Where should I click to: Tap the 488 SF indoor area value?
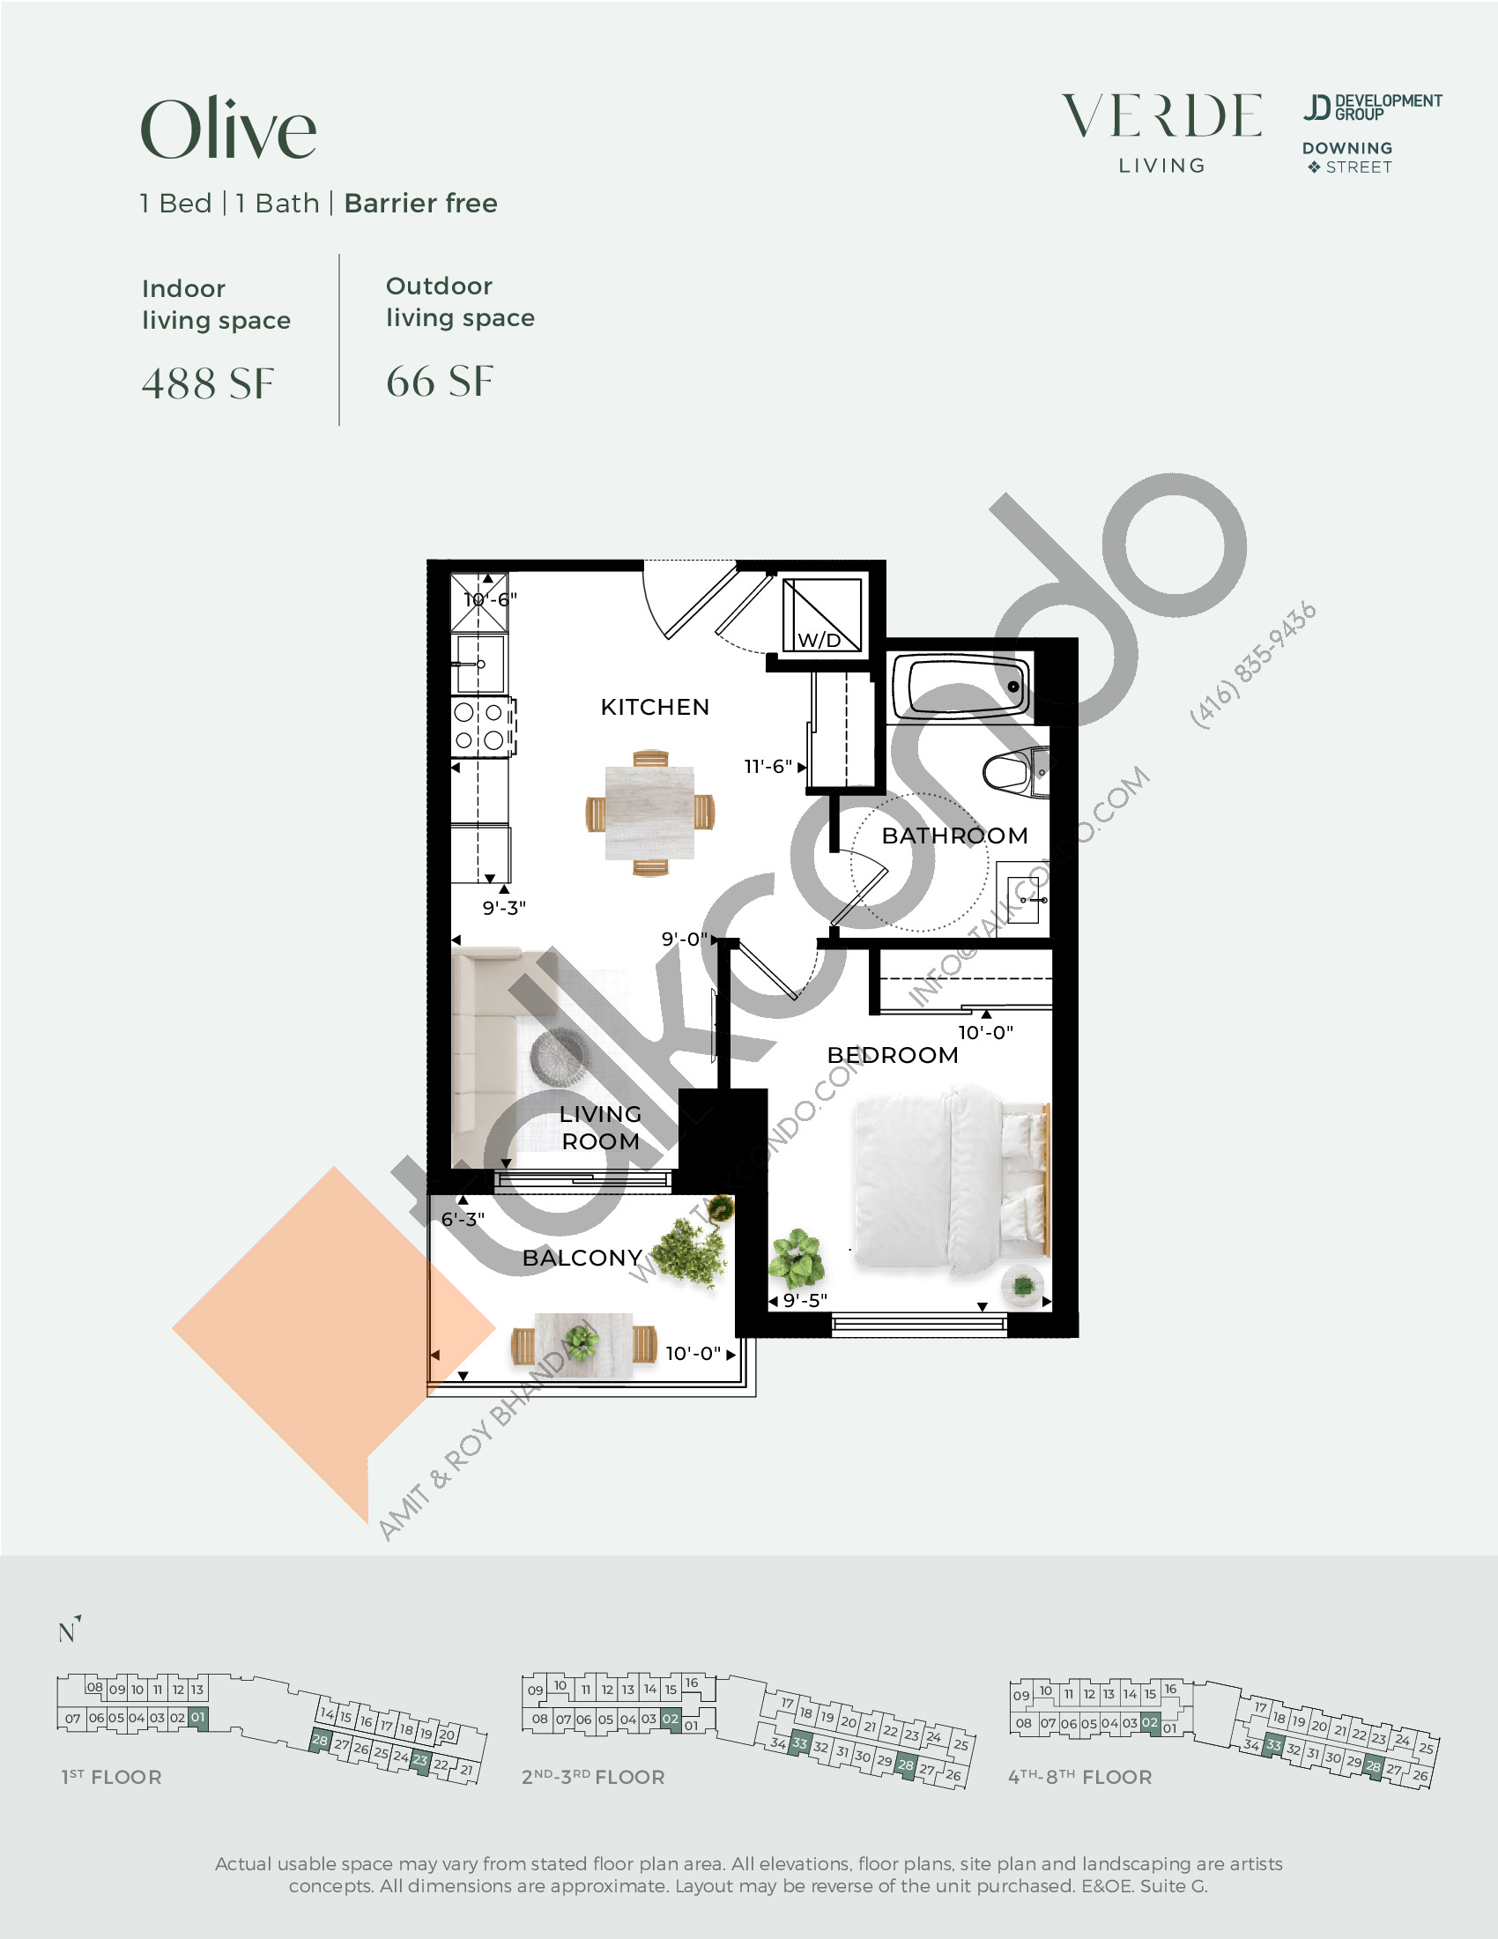[x=208, y=383]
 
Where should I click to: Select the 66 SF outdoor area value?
[x=440, y=382]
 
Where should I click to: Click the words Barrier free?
[x=420, y=204]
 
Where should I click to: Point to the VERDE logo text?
[x=1161, y=116]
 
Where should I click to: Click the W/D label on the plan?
[x=819, y=640]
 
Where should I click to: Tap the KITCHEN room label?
[x=655, y=707]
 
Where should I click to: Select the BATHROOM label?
[x=955, y=836]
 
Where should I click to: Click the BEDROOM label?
[x=893, y=1055]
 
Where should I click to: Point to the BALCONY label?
[x=582, y=1257]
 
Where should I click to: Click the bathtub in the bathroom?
[x=961, y=687]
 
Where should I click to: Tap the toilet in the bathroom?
[x=1015, y=771]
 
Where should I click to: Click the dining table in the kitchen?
[x=649, y=813]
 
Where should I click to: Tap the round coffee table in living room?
[x=558, y=1056]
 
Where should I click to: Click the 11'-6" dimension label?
[x=768, y=766]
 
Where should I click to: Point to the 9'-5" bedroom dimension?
[x=805, y=1301]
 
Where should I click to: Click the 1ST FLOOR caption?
[x=111, y=1777]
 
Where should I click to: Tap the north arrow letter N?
[x=68, y=1631]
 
